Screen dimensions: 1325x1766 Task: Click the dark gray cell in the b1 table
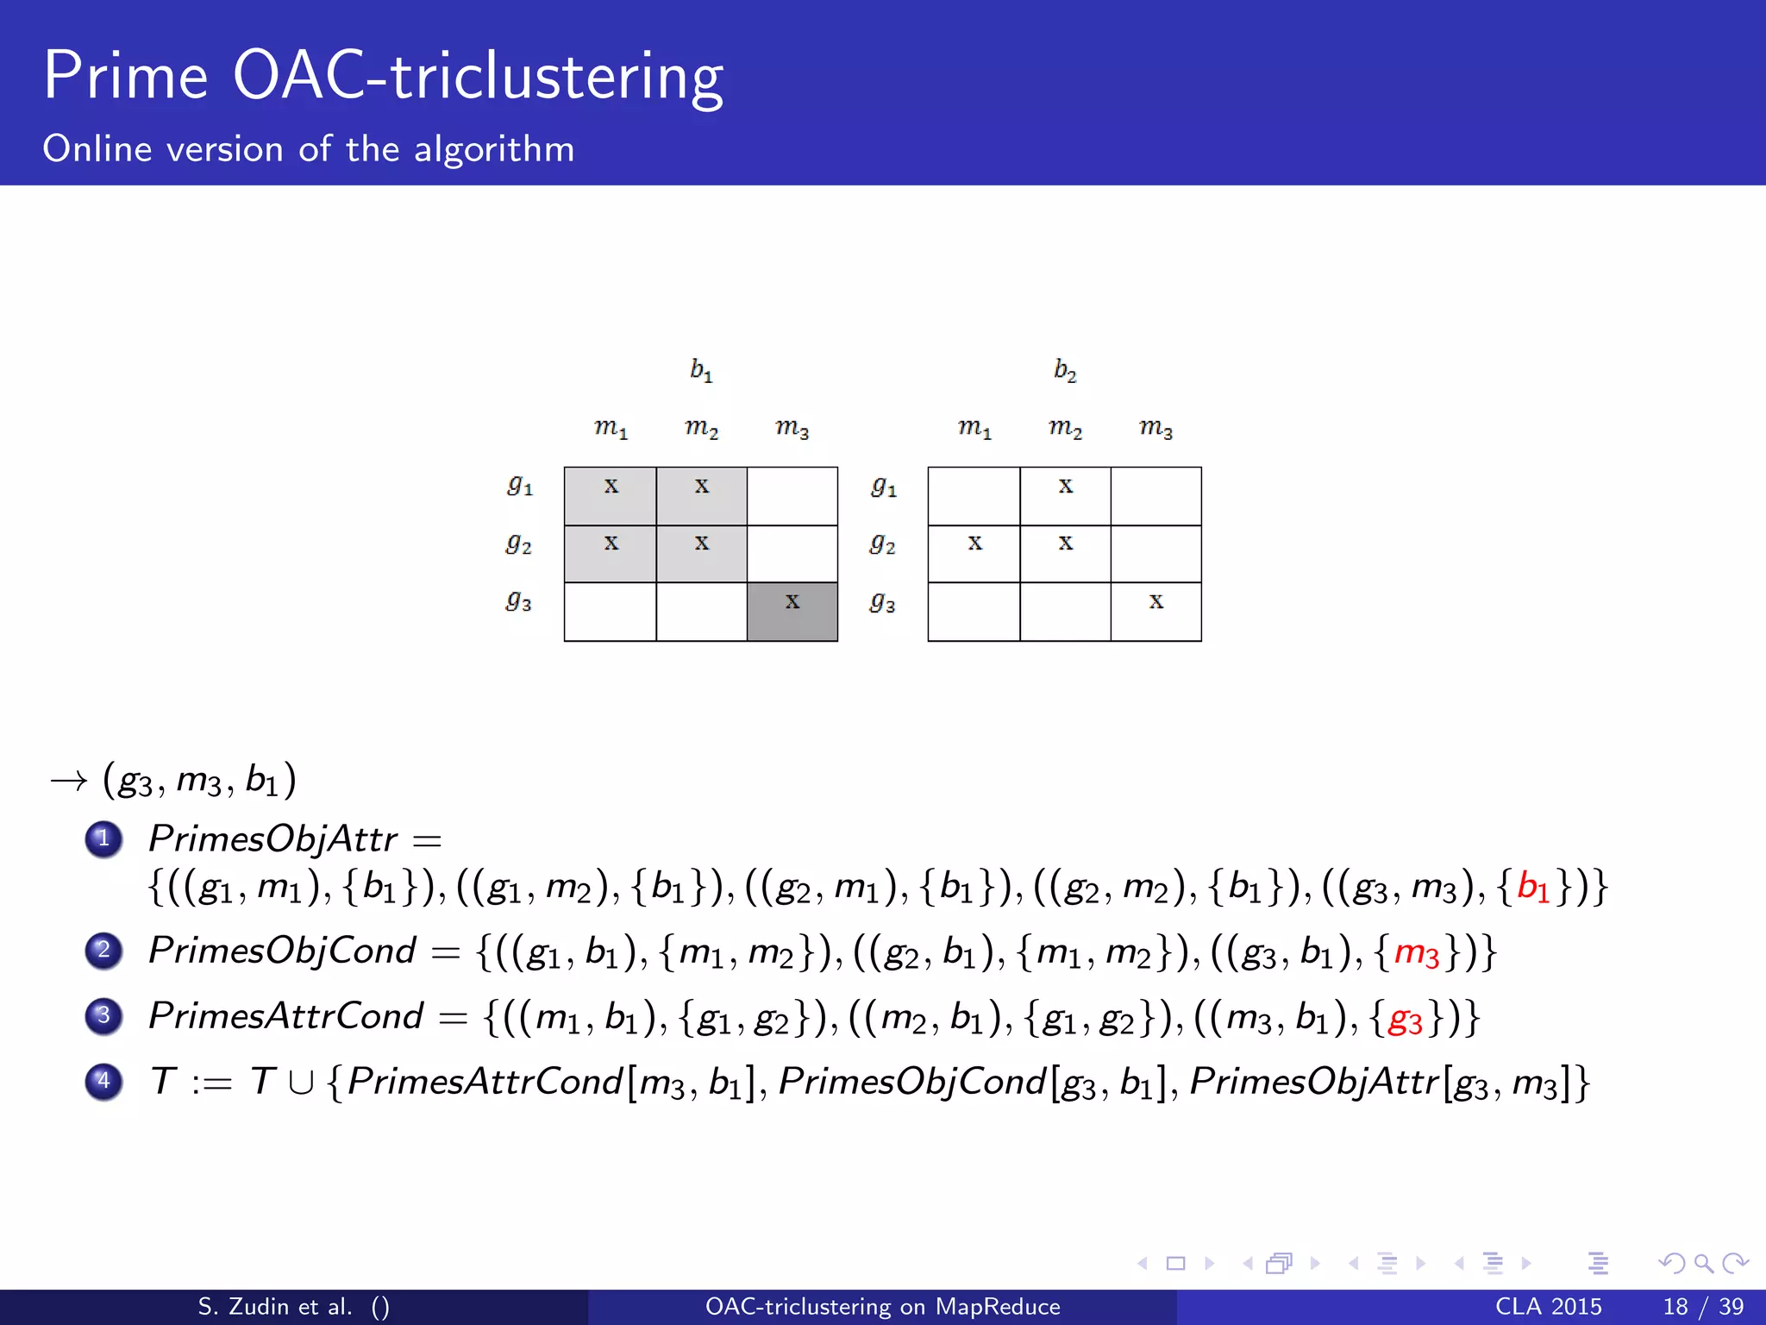792,611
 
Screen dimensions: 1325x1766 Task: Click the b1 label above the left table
701,370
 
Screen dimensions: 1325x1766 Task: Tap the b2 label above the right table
1065,370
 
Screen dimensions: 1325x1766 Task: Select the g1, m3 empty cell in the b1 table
792,496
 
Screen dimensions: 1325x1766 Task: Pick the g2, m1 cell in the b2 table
974,553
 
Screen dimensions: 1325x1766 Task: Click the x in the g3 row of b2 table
1155,601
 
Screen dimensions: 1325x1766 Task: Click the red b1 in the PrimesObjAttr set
1533,888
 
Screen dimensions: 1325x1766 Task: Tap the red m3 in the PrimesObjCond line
1417,952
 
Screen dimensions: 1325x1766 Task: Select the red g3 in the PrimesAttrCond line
1406,1019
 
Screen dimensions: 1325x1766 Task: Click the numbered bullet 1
104,838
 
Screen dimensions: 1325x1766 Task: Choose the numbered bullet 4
104,1081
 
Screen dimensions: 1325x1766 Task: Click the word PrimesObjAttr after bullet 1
272,838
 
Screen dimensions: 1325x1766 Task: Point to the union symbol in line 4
301,1083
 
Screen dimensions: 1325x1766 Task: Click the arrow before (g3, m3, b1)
69,782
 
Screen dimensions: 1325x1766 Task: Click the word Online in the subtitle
97,149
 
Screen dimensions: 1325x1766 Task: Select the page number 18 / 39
1703,1306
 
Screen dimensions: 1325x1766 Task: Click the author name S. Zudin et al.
275,1306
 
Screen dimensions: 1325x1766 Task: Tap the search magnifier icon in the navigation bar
1703,1264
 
